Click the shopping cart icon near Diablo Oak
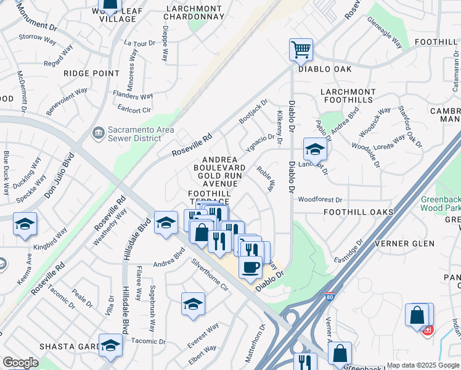[x=301, y=49]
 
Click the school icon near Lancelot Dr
[x=314, y=149]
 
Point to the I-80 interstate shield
[x=330, y=297]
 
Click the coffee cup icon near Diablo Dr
[x=250, y=267]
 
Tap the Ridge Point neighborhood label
[x=91, y=73]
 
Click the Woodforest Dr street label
[x=319, y=200]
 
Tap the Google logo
[x=20, y=363]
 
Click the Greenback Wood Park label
[x=441, y=203]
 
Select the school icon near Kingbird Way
[x=25, y=224]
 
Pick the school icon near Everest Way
[x=193, y=305]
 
